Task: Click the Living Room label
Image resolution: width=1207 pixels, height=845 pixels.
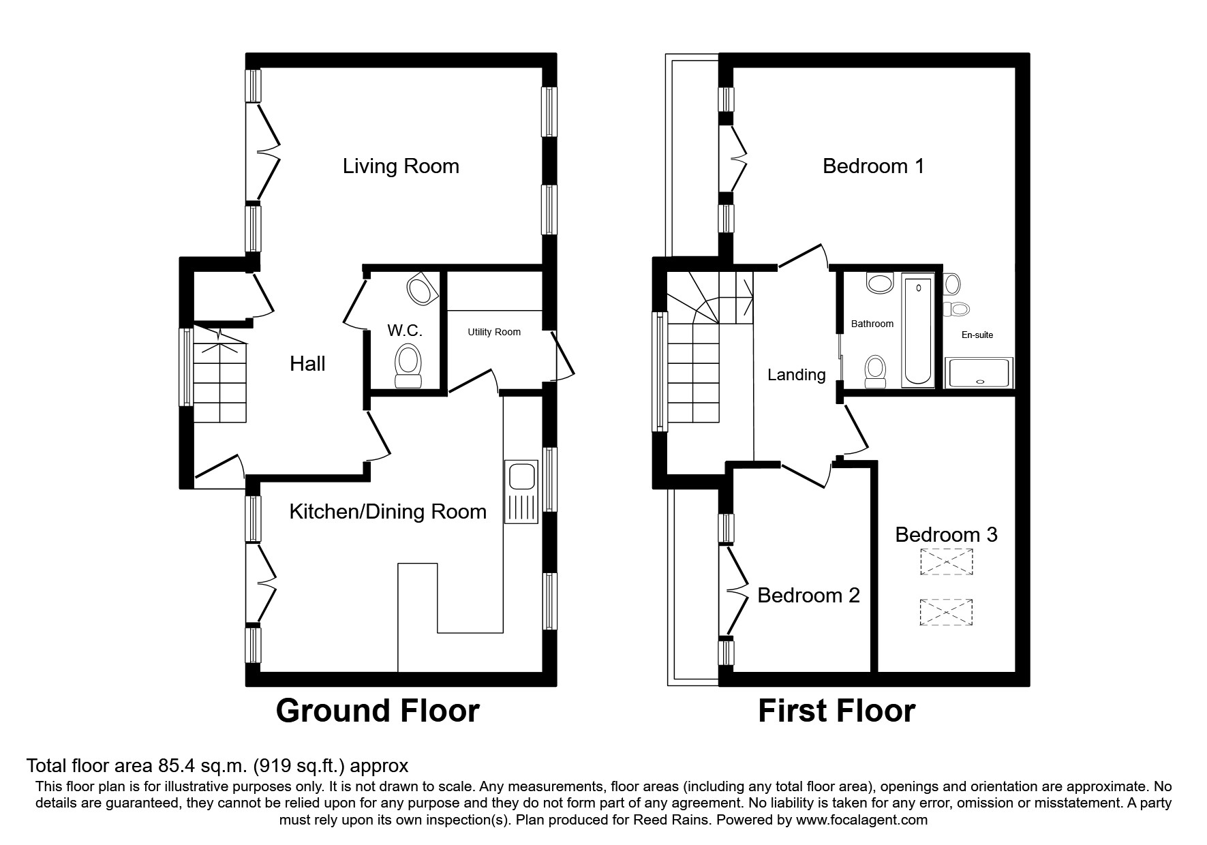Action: pyautogui.click(x=401, y=166)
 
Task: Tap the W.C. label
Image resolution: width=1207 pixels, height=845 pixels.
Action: pyautogui.click(x=405, y=331)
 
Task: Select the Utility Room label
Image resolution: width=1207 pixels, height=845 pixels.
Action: pyautogui.click(x=494, y=332)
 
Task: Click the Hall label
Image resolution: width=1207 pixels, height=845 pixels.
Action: pyautogui.click(x=307, y=364)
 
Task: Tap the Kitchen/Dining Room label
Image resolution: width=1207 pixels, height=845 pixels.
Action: pyautogui.click(x=388, y=512)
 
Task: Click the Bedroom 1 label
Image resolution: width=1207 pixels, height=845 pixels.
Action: pyautogui.click(x=873, y=166)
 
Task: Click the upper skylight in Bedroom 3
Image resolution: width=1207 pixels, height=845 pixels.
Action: pyautogui.click(x=946, y=562)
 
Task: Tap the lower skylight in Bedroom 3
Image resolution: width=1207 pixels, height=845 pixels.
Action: pyautogui.click(x=946, y=612)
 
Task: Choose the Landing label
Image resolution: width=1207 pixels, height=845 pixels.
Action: pyautogui.click(x=796, y=375)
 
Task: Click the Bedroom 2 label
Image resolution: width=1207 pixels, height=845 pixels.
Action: pyautogui.click(x=808, y=596)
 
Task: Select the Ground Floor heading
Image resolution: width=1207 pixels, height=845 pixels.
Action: pyautogui.click(x=378, y=711)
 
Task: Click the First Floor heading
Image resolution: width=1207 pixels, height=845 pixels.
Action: pyautogui.click(x=836, y=711)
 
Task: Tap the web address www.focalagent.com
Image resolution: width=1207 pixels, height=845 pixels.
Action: pyautogui.click(x=861, y=820)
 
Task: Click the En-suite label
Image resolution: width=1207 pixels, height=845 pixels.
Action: pyautogui.click(x=977, y=335)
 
